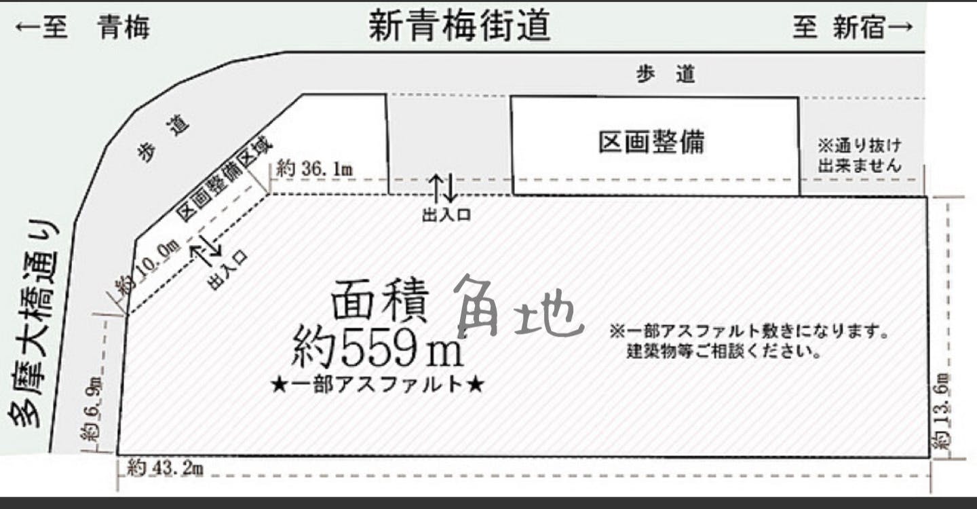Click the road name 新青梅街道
(x=459, y=26)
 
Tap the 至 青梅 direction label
(x=83, y=27)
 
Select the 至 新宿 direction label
(x=853, y=27)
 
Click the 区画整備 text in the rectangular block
(x=651, y=143)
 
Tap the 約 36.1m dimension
(x=315, y=168)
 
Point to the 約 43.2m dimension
(x=166, y=469)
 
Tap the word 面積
(x=379, y=300)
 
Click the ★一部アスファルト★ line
(x=378, y=385)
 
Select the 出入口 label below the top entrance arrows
(x=446, y=214)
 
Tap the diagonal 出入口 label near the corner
(x=228, y=270)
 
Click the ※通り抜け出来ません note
(x=859, y=155)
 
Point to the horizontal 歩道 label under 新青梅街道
(x=666, y=74)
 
